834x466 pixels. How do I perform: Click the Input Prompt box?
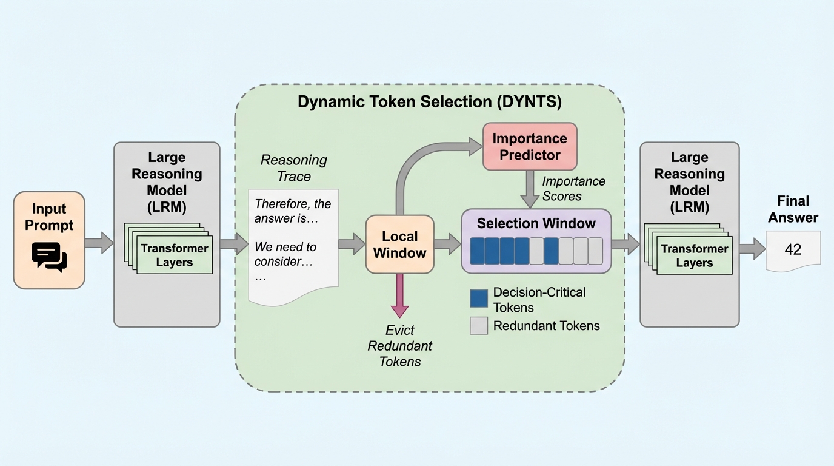49,240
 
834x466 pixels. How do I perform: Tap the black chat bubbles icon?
49,257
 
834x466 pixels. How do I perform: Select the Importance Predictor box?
530,146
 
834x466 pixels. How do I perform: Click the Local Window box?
399,244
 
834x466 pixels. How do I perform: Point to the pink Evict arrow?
399,295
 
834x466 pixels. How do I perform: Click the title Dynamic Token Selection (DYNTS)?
429,102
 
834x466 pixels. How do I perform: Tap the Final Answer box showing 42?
793,249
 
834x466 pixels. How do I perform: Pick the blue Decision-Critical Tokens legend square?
479,299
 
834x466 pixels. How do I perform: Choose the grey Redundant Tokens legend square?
479,326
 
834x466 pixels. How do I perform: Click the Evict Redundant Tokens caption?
400,346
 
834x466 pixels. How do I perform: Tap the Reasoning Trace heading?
293,168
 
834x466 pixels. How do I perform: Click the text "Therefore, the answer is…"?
293,211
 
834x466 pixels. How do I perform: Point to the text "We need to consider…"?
285,254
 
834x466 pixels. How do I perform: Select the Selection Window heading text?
536,223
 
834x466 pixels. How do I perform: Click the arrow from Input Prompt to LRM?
99,243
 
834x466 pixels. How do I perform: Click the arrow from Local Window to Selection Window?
447,244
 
